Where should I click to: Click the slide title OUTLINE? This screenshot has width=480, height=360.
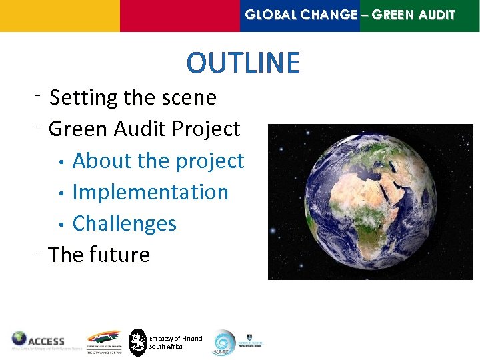[243, 63]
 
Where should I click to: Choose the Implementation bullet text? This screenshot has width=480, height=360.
[150, 192]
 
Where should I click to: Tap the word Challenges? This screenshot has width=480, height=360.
[124, 223]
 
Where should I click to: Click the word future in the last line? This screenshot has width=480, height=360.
[123, 254]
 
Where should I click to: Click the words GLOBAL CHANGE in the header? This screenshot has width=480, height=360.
[301, 15]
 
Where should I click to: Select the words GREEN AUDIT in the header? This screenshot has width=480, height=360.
[413, 15]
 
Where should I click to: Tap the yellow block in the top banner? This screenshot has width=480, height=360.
[60, 15]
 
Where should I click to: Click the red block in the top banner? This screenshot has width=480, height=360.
[180, 15]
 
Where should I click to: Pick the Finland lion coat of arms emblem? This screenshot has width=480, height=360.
[137, 342]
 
